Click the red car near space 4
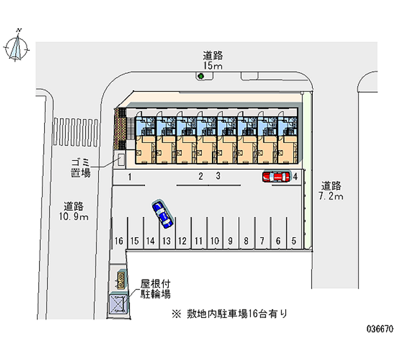pos(276,177)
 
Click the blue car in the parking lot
pos(162,214)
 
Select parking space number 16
pos(118,241)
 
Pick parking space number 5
pos(294,241)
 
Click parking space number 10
pos(214,241)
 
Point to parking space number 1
pos(129,177)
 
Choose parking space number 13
pos(166,241)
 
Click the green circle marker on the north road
pos(201,76)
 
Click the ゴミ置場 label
pos(80,169)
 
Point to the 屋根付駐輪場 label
pos(155,289)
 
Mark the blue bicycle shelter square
pos(118,302)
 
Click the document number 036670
pos(379,329)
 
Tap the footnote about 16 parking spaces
pos(230,313)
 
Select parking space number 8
pos(246,241)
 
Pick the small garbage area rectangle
pos(120,160)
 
